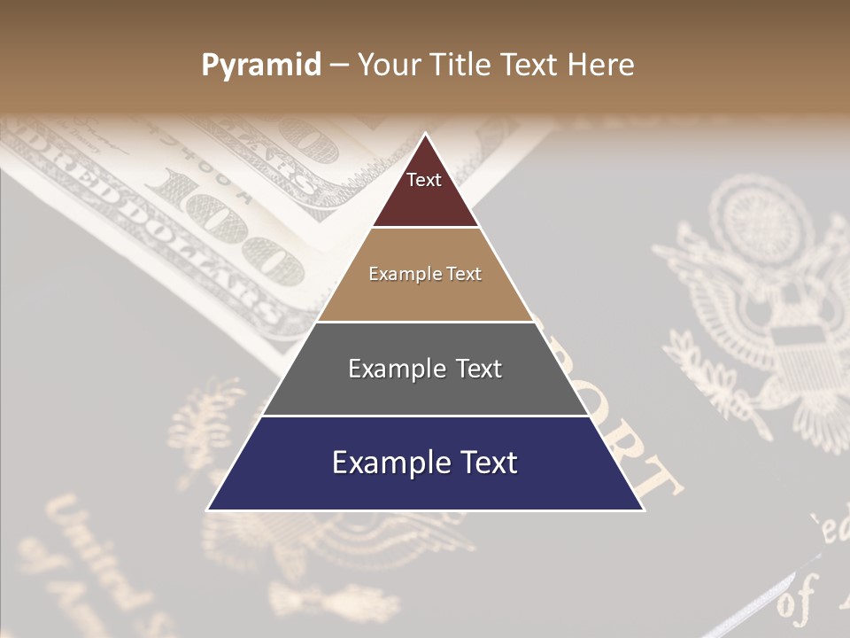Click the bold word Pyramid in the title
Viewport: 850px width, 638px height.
pyautogui.click(x=260, y=66)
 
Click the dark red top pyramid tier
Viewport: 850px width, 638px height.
pyautogui.click(x=425, y=195)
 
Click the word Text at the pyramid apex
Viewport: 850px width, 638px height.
pyautogui.click(x=424, y=180)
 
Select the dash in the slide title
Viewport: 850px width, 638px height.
pyautogui.click(x=339, y=66)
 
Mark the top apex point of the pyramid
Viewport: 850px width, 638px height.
pyautogui.click(x=425, y=134)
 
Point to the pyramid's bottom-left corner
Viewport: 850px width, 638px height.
pyautogui.click(x=208, y=510)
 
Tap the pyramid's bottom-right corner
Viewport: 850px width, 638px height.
pyautogui.click(x=643, y=510)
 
